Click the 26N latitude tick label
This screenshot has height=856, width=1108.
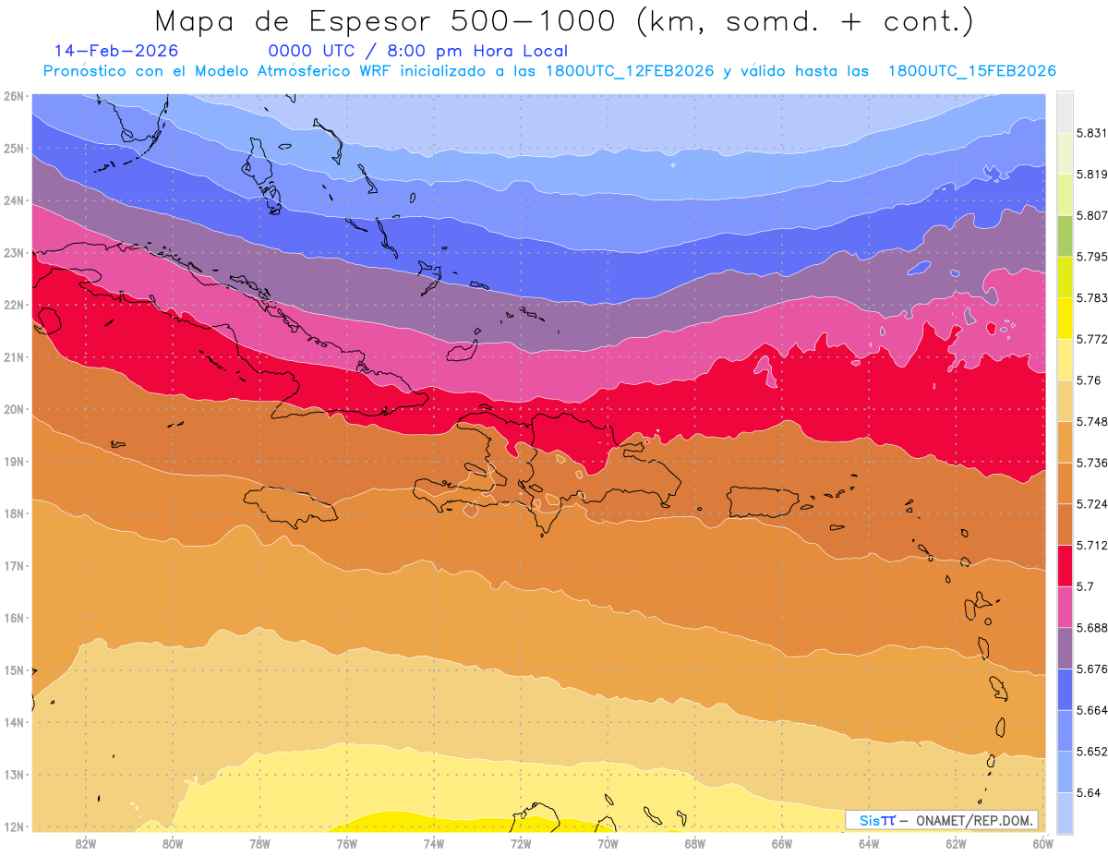tap(14, 96)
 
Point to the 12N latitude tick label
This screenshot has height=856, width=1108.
tap(14, 826)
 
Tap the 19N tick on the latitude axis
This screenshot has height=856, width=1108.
tap(14, 462)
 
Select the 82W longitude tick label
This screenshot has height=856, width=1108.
tap(86, 843)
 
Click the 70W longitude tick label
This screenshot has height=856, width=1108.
tap(608, 843)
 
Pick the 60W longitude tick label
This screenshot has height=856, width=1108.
tap(1043, 843)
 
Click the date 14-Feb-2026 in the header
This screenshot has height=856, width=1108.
tap(116, 51)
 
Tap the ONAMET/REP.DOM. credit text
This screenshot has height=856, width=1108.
tap(975, 820)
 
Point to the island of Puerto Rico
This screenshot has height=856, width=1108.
tap(763, 501)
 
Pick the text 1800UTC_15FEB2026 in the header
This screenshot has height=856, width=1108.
tap(971, 71)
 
